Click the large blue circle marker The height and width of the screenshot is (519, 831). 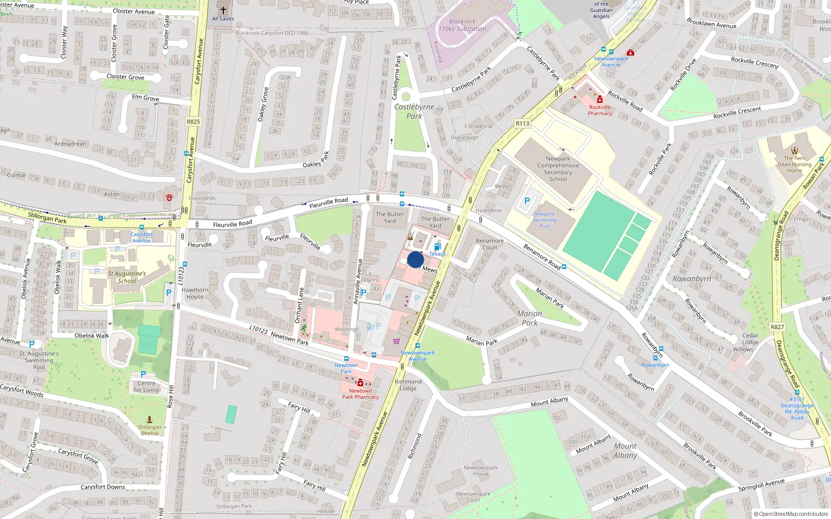click(x=415, y=259)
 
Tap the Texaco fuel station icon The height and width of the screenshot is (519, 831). click(x=437, y=247)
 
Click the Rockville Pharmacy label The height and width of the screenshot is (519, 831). click(x=600, y=110)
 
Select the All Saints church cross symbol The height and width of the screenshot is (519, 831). click(x=223, y=10)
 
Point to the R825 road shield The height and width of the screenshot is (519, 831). click(x=193, y=121)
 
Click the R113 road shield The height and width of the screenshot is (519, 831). click(x=522, y=124)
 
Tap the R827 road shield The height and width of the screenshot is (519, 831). click(x=778, y=327)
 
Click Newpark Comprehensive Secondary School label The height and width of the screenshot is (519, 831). click(x=558, y=169)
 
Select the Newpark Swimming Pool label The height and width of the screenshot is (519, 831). click(x=544, y=220)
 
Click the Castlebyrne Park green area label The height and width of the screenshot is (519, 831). click(x=414, y=111)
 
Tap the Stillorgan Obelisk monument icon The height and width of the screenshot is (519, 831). click(x=150, y=419)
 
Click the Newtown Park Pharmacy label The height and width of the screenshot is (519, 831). click(x=360, y=394)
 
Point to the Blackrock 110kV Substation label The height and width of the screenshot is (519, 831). click(x=462, y=25)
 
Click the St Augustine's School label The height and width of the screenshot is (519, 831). click(x=127, y=277)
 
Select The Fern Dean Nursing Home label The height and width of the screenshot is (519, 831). click(x=794, y=165)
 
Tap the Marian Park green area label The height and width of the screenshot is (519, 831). click(x=529, y=318)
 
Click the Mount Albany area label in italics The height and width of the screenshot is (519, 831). click(x=625, y=450)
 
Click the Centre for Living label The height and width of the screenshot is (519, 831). click(x=146, y=387)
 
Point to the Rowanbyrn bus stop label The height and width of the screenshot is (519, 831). click(x=655, y=365)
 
